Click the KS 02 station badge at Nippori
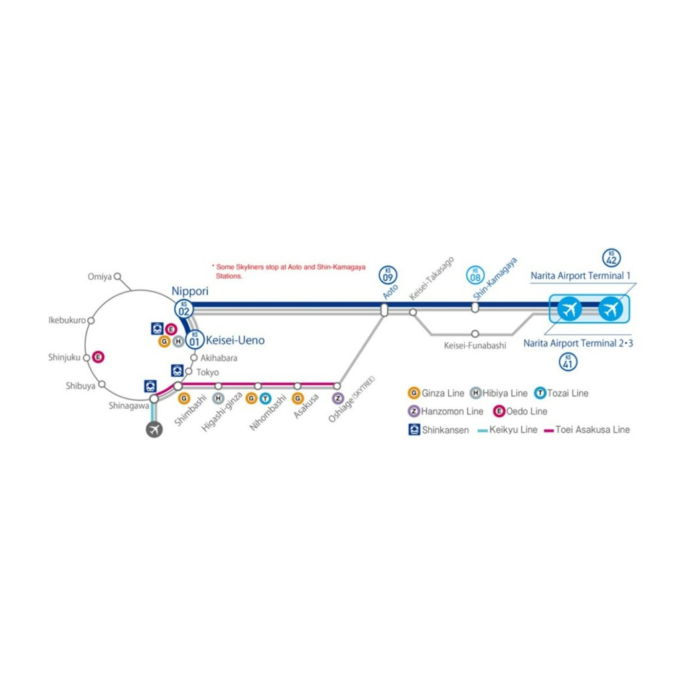(x=184, y=310)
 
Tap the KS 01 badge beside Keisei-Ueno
(x=195, y=340)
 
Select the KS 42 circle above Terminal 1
(x=612, y=258)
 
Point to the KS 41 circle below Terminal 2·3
(x=568, y=362)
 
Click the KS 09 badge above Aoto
(x=388, y=275)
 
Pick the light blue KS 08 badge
(x=475, y=275)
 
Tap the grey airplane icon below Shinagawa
(x=154, y=429)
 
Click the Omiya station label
(x=100, y=277)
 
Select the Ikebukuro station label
(x=67, y=320)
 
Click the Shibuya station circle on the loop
(x=102, y=385)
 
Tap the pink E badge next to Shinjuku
(x=98, y=357)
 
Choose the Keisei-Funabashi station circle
(x=475, y=334)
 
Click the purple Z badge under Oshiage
(x=338, y=398)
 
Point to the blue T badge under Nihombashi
(x=265, y=399)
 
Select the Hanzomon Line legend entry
(x=445, y=411)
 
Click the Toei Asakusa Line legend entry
(x=587, y=429)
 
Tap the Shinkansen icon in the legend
(x=414, y=429)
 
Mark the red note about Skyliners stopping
(x=289, y=271)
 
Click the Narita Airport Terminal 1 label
(x=581, y=275)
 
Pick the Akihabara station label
(x=219, y=358)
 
